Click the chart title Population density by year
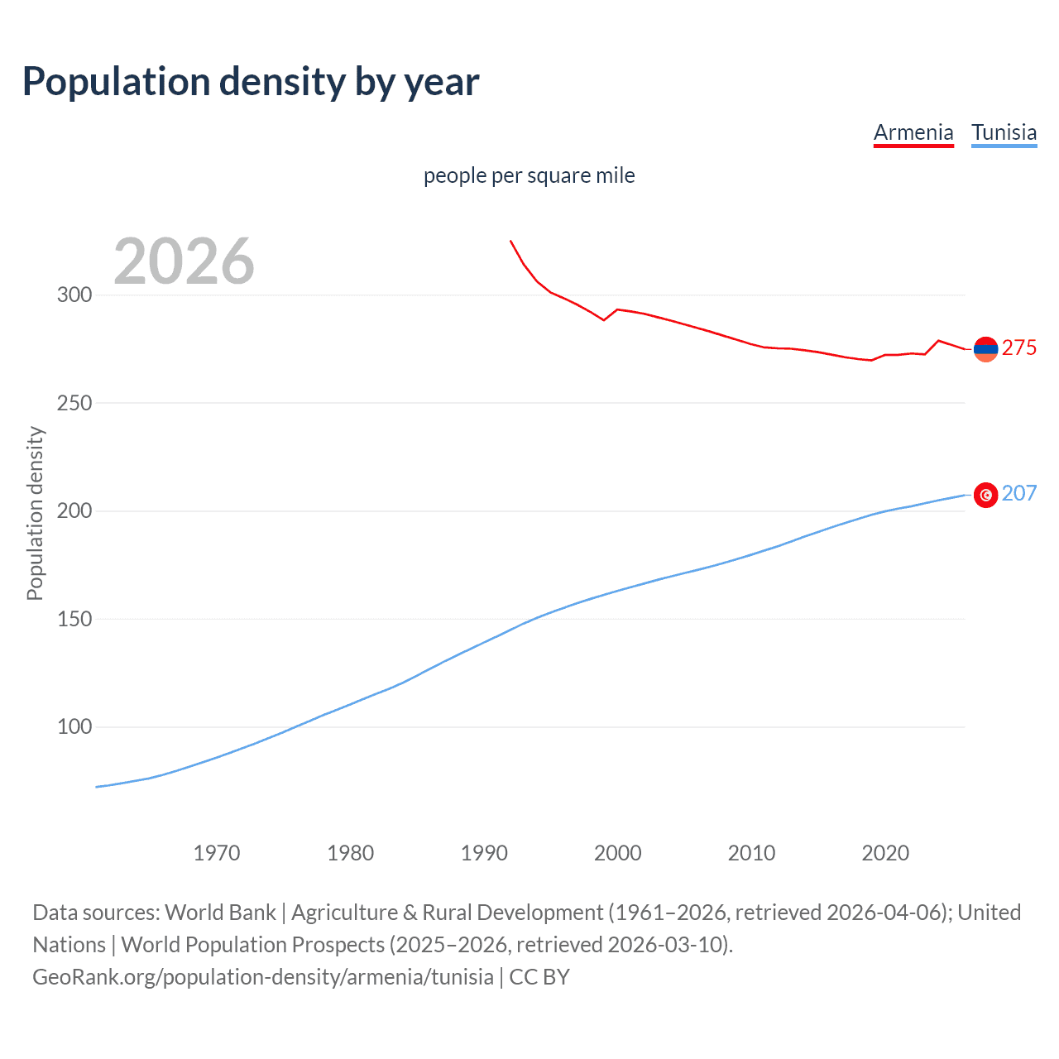[251, 82]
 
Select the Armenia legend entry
[913, 132]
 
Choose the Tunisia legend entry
[1004, 132]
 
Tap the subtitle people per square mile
[529, 175]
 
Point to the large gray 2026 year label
[184, 261]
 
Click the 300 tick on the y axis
[74, 295]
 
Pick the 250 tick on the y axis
[74, 403]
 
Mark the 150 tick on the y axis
[74, 619]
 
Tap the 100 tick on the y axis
[74, 727]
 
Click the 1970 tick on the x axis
[217, 853]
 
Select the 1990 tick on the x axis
[484, 853]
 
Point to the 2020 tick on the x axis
[885, 853]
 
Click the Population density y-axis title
[35, 513]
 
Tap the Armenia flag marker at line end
[985, 350]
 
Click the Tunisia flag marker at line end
[985, 495]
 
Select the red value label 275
[1018, 348]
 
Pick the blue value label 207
[1018, 493]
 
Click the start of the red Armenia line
[510, 241]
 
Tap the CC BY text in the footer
[539, 977]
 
